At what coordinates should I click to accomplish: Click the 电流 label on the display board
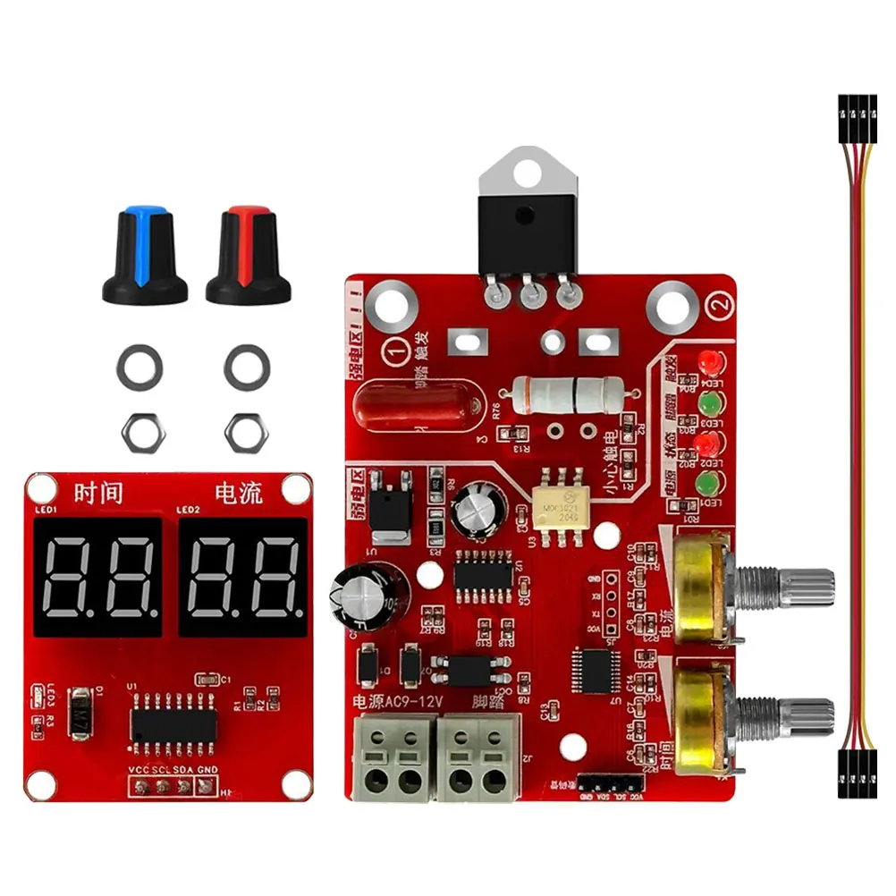[x=239, y=493]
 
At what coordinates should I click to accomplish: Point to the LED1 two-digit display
[x=99, y=576]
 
